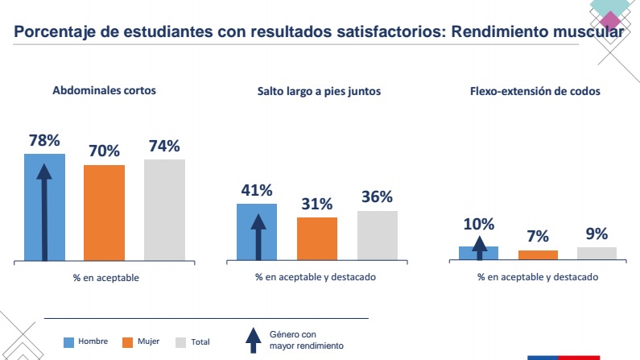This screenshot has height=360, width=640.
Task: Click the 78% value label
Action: tap(44, 140)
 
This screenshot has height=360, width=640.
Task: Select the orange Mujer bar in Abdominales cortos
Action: tap(105, 213)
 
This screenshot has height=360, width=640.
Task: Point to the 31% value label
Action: tap(316, 205)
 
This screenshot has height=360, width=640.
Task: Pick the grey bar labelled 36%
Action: tap(377, 235)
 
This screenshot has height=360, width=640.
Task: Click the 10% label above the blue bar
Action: tap(479, 225)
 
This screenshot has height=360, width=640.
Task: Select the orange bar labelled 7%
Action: tap(538, 254)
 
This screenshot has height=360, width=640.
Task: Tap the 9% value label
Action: tap(597, 234)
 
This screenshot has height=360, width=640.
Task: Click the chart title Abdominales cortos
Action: tap(104, 91)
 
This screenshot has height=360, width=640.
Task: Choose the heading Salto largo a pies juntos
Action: tap(314, 92)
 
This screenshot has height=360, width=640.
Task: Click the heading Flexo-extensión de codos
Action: tap(535, 92)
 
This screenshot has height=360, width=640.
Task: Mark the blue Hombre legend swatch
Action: tap(68, 342)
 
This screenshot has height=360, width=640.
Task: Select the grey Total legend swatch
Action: tap(181, 342)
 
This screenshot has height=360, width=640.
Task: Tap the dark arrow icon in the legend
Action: tap(253, 341)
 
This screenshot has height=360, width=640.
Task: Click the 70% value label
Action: tap(105, 151)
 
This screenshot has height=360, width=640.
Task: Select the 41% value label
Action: tap(257, 191)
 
